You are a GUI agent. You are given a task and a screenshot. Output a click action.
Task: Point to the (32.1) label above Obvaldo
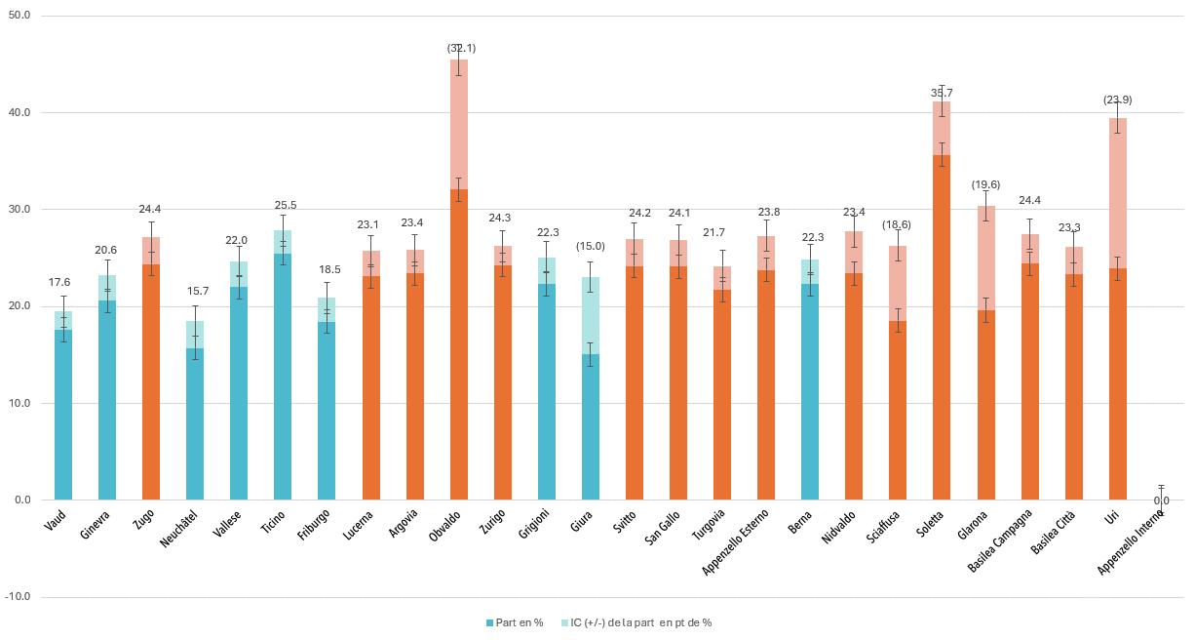pos(461,48)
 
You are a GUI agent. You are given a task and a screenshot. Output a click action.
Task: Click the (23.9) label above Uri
pos(1117,100)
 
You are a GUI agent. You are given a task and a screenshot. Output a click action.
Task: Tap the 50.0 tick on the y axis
pos(19,17)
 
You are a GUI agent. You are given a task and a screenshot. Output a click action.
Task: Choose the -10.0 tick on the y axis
pos(19,597)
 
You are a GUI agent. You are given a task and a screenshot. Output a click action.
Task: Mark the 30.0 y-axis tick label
pos(19,210)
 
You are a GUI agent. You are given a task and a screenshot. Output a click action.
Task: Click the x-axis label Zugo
pos(145,519)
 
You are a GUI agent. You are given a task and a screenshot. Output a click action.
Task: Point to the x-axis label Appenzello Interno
pos(1131,541)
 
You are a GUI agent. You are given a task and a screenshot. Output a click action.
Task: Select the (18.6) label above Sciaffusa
pos(898,225)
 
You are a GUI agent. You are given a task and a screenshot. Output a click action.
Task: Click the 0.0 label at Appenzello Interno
pos(1161,501)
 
